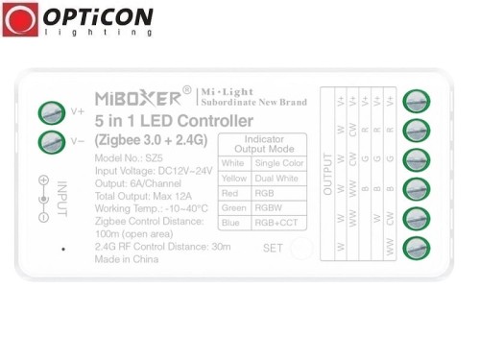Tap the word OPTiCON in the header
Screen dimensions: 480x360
[x=97, y=16]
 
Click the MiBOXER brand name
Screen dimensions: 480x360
[x=136, y=97]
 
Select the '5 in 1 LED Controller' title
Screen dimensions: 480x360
[x=174, y=121]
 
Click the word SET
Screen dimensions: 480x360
[x=274, y=248]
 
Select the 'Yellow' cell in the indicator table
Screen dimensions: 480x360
[x=233, y=178]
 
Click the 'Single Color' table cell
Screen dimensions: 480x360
[x=276, y=163]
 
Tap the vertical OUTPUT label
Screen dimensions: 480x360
[x=327, y=173]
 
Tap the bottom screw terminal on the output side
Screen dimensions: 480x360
[x=416, y=248]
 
